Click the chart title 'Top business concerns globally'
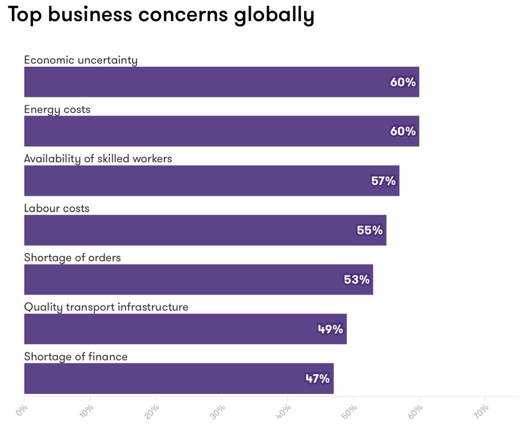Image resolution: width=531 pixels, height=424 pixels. coord(161,14)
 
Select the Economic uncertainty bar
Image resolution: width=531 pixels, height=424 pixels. coord(221,82)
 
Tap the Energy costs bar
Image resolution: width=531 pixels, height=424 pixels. coord(221,131)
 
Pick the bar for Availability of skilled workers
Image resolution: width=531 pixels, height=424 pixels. coord(212,181)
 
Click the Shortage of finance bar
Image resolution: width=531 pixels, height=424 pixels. coord(179,378)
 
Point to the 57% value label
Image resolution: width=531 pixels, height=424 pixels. coord(383,181)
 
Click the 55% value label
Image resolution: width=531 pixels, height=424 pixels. coord(369,230)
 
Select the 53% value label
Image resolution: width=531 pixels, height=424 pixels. coord(357,280)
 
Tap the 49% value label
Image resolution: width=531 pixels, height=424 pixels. coord(330,329)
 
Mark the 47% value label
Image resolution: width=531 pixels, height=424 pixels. coord(317,378)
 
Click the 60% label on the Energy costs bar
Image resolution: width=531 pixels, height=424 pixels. coord(403,131)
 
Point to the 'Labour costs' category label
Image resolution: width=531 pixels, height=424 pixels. coord(57,208)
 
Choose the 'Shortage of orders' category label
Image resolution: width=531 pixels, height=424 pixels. coord(72,258)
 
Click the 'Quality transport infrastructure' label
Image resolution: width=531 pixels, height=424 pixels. coord(106,307)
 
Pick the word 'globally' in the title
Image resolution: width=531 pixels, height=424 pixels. coord(274,15)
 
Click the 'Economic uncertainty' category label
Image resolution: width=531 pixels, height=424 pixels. coord(81,60)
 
